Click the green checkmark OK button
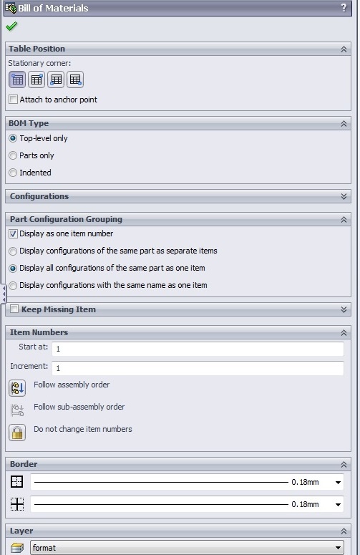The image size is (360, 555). point(11,26)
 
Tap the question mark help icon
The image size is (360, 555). point(344,8)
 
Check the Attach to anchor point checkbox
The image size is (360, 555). point(13,99)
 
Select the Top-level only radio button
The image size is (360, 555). point(13,138)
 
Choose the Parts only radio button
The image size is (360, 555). point(13,155)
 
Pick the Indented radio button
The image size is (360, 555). point(13,173)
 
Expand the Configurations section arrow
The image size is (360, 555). point(344,196)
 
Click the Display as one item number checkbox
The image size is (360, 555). point(13,233)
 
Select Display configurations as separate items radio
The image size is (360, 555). point(13,251)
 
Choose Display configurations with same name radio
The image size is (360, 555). point(13,285)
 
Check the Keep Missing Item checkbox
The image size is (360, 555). point(14,309)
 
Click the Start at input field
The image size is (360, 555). point(198,349)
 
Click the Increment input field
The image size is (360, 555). point(198,368)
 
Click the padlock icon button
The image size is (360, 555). point(17,432)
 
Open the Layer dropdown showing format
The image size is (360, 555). point(187,548)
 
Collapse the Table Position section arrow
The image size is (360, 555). point(344,49)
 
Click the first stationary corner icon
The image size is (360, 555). point(17,79)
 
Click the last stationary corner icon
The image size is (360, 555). point(75,79)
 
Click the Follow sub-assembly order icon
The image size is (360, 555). point(17,410)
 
